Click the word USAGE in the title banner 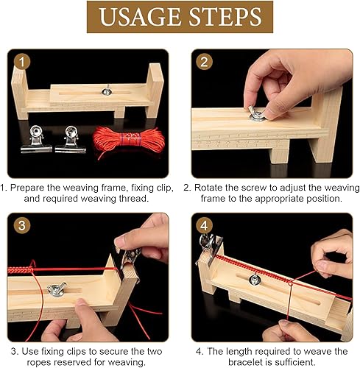(139, 17)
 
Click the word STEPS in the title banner (225, 17)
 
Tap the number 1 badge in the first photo (22, 62)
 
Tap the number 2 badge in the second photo (204, 62)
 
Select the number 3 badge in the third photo (22, 225)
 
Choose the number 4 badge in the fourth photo (204, 225)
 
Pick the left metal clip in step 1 (36, 139)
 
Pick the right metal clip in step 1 (71, 139)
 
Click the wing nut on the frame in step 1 (107, 91)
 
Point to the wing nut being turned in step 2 (258, 113)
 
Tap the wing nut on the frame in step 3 (57, 289)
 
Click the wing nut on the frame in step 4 (255, 279)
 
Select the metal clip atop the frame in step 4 (209, 248)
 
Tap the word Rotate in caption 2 (208, 188)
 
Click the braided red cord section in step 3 (21, 270)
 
